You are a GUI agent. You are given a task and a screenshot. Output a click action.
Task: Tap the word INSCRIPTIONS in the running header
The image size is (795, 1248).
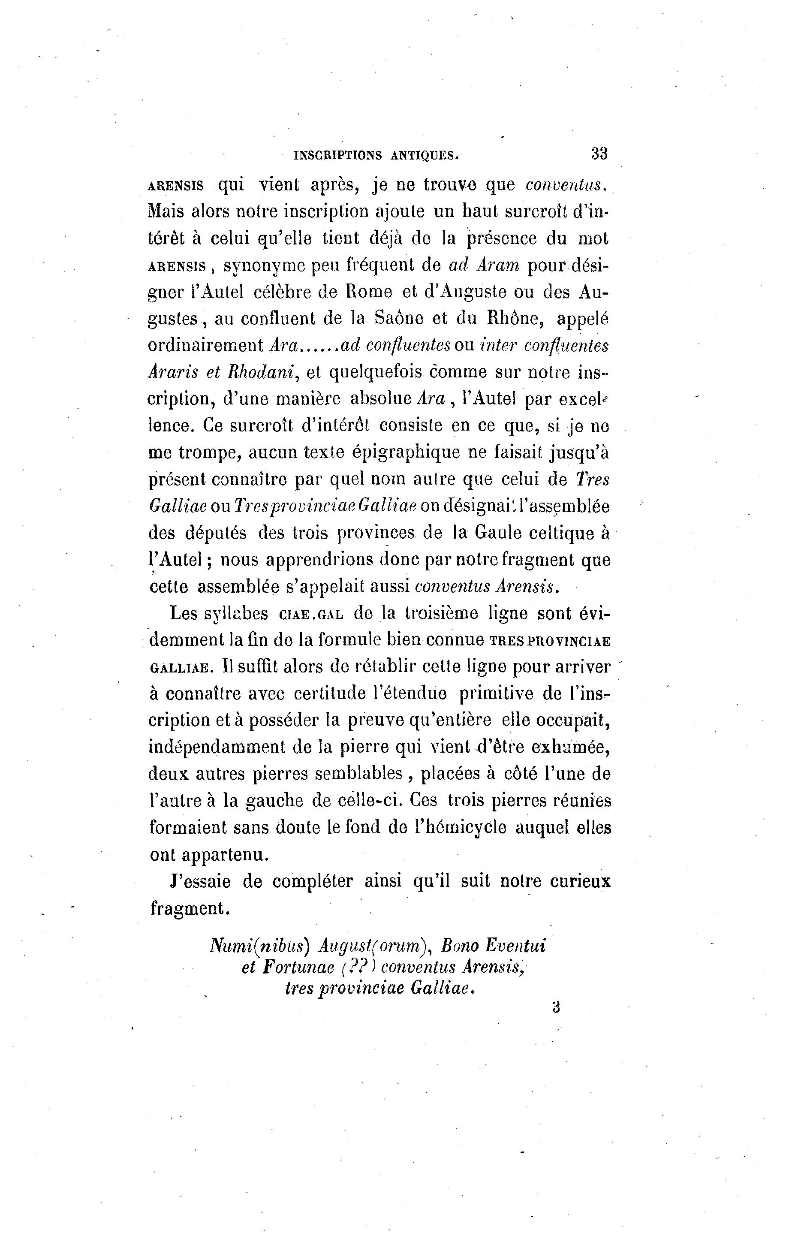coord(338,154)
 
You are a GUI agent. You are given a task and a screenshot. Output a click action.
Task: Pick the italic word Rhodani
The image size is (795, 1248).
coord(259,371)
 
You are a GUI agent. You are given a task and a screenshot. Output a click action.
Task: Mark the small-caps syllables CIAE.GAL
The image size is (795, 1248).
coord(311,614)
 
